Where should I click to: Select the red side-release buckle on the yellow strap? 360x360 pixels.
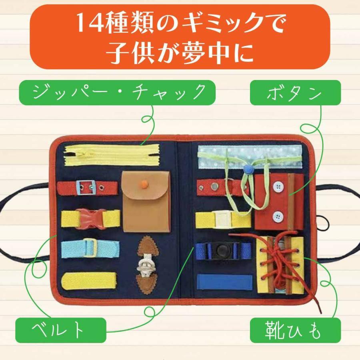(x=90, y=218)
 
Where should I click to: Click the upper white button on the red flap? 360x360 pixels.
(x=277, y=186)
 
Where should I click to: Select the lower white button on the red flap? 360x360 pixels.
(x=277, y=216)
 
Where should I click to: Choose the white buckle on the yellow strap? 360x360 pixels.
(x=221, y=219)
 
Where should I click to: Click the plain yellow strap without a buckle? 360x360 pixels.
(x=89, y=280)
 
